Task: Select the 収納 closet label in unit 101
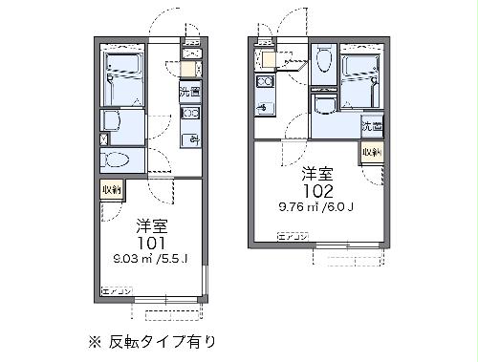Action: point(112,190)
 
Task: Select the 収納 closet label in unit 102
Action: point(371,153)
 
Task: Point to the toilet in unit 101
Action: point(118,160)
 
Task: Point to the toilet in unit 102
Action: point(323,63)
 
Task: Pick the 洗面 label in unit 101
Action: point(189,93)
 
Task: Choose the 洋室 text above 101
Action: point(151,225)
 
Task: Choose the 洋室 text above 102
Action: point(317,173)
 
